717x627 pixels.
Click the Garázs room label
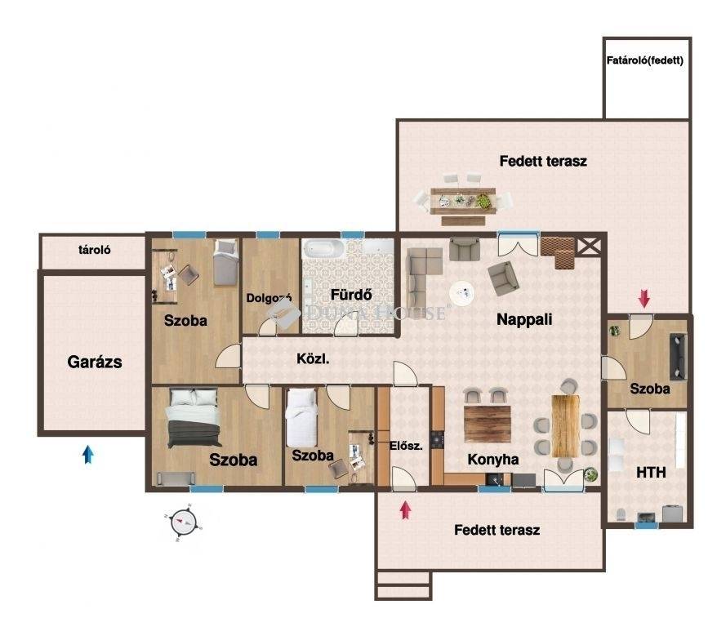[95, 362]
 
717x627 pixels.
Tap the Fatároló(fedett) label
[645, 60]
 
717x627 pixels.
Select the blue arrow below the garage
[88, 455]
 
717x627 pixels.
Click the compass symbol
[184, 522]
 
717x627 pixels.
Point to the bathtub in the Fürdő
[323, 249]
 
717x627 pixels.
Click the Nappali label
[524, 319]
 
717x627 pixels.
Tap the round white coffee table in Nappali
[462, 292]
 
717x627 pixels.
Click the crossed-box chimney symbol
[589, 247]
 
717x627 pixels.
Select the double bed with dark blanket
[194, 417]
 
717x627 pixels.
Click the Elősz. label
[406, 446]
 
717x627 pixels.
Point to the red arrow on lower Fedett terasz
[405, 510]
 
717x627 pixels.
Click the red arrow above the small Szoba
[644, 299]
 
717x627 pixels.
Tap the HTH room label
[651, 473]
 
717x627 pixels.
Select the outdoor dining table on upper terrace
[463, 200]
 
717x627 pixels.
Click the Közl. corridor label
[313, 358]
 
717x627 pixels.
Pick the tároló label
[94, 250]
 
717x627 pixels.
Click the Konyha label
[493, 460]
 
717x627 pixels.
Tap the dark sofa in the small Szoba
[678, 357]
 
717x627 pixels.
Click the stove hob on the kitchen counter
[438, 438]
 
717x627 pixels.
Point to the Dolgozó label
[269, 298]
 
